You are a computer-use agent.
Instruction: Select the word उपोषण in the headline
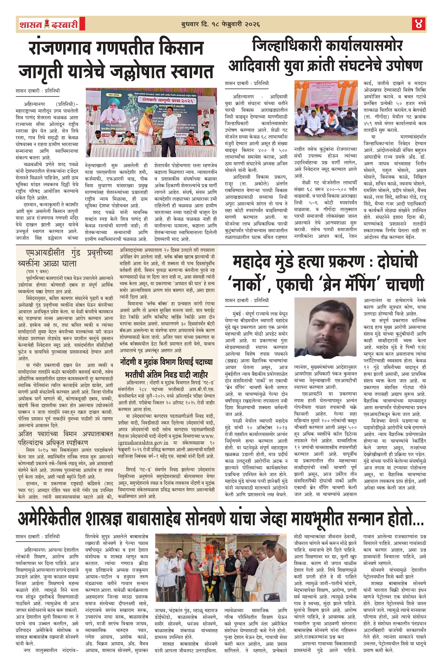[404, 66]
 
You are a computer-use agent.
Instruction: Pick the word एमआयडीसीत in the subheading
[45, 253]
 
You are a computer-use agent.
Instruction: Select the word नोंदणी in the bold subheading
[131, 362]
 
